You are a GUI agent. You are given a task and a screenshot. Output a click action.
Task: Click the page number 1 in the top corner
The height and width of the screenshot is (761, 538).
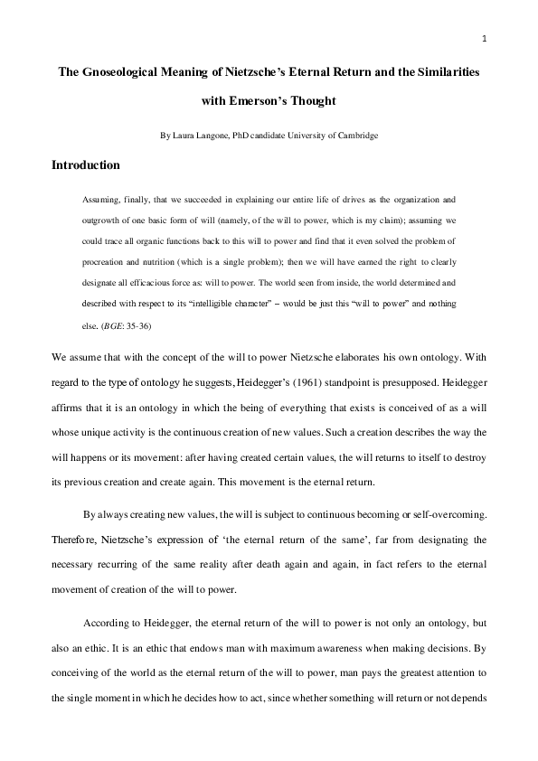tap(485, 38)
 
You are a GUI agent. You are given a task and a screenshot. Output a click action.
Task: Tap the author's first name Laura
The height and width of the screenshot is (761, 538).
tap(184, 136)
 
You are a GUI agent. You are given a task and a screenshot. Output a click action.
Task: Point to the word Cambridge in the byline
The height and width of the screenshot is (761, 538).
tap(358, 136)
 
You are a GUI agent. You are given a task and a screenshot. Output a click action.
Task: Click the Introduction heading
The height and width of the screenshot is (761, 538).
tap(86, 165)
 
